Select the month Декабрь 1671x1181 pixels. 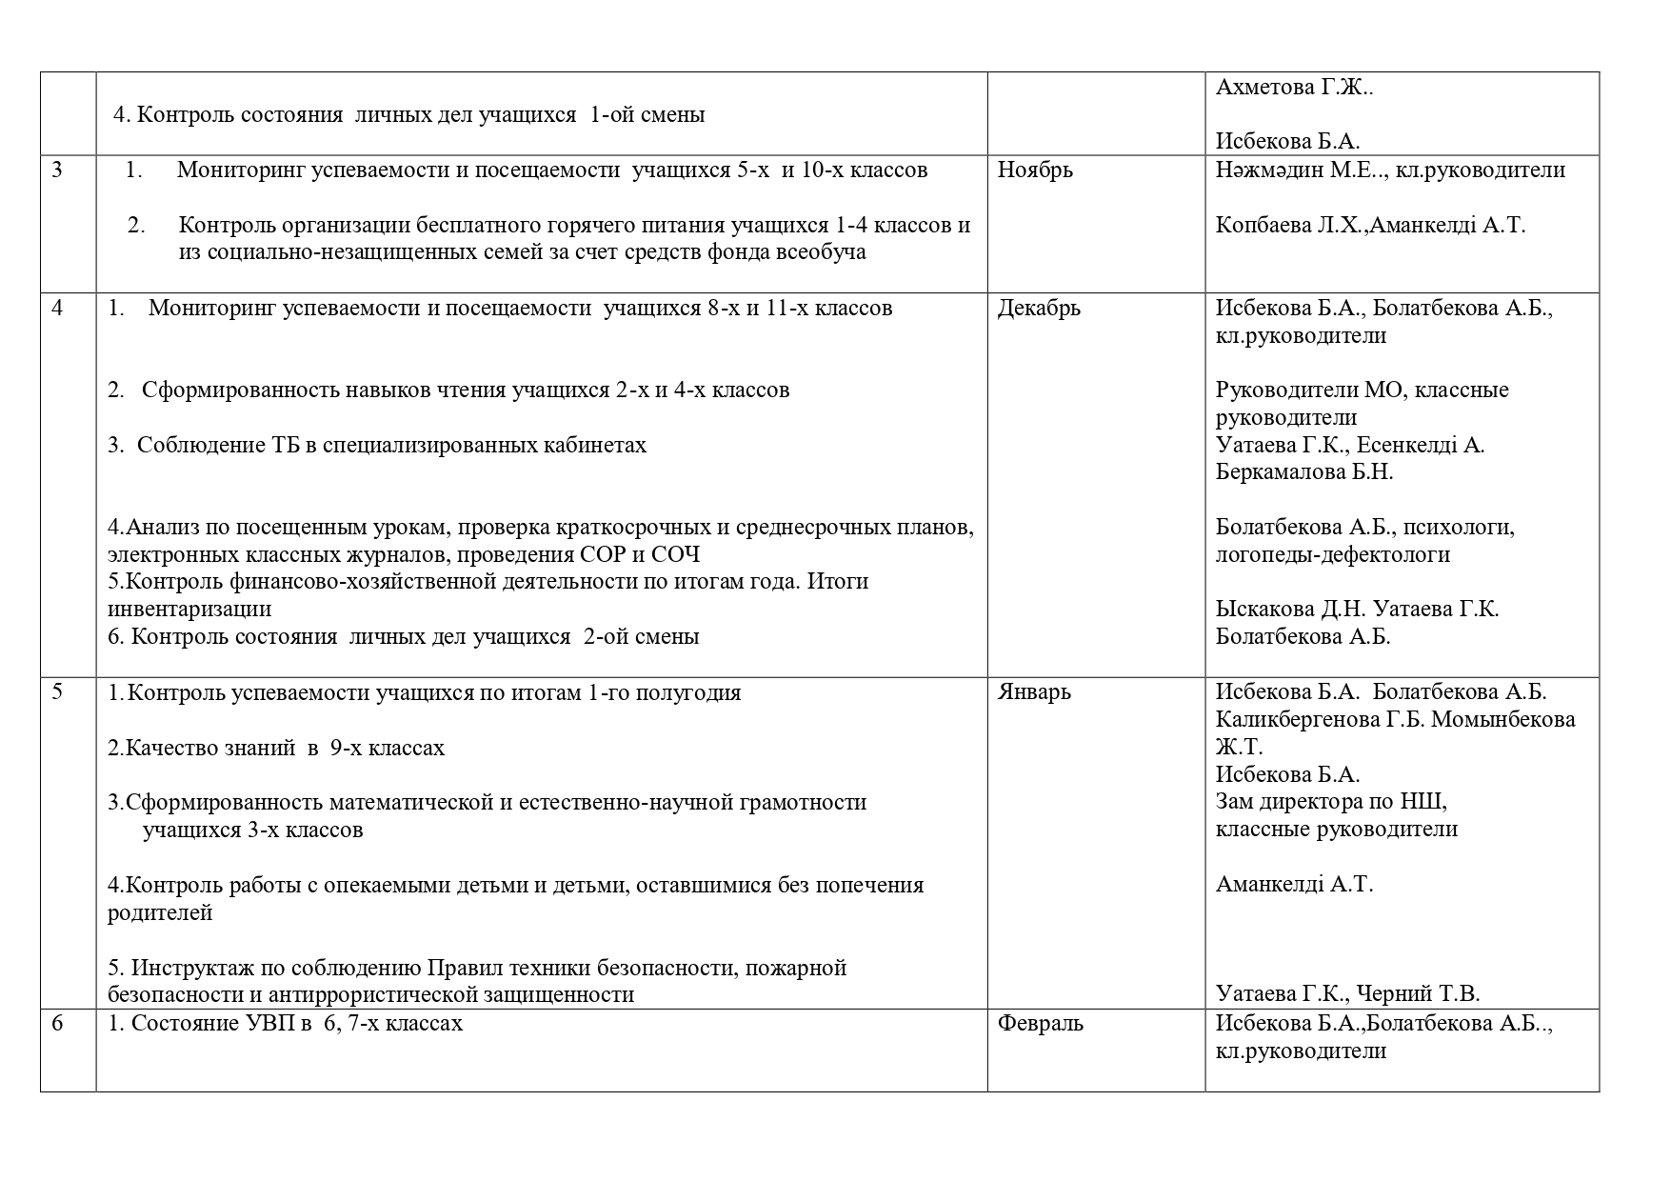coord(1039,309)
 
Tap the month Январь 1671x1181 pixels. coord(1034,692)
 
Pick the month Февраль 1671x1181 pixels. coord(1040,1024)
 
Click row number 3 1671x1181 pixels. coord(57,170)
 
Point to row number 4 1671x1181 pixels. coord(57,309)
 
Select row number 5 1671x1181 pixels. coord(57,692)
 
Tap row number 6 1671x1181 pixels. coord(57,1024)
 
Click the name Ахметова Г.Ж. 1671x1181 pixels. coord(1293,88)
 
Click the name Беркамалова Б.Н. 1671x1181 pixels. coord(1303,472)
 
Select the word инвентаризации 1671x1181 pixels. coord(189,610)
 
